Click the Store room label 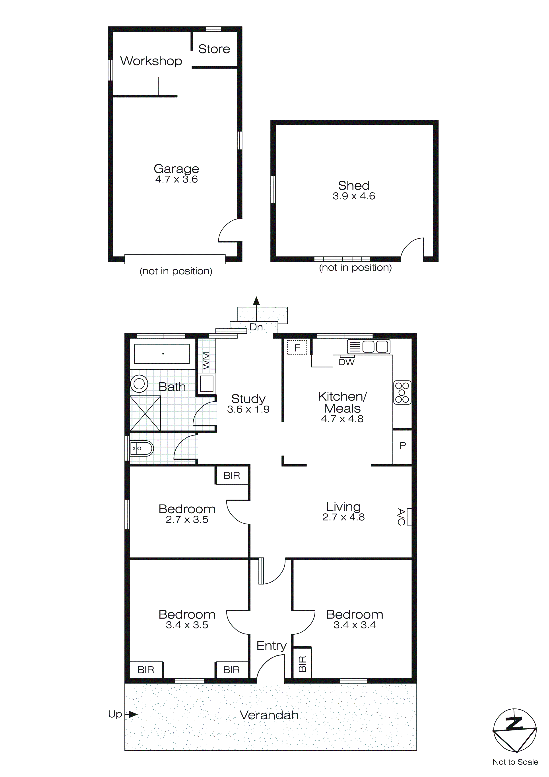(214, 49)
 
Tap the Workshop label (151, 61)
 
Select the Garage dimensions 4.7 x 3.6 (177, 179)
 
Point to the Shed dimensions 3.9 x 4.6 (354, 196)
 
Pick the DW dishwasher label (347, 362)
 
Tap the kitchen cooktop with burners (402, 392)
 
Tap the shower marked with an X (145, 413)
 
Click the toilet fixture (142, 449)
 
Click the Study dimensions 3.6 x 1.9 (248, 410)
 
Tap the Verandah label (269, 715)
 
